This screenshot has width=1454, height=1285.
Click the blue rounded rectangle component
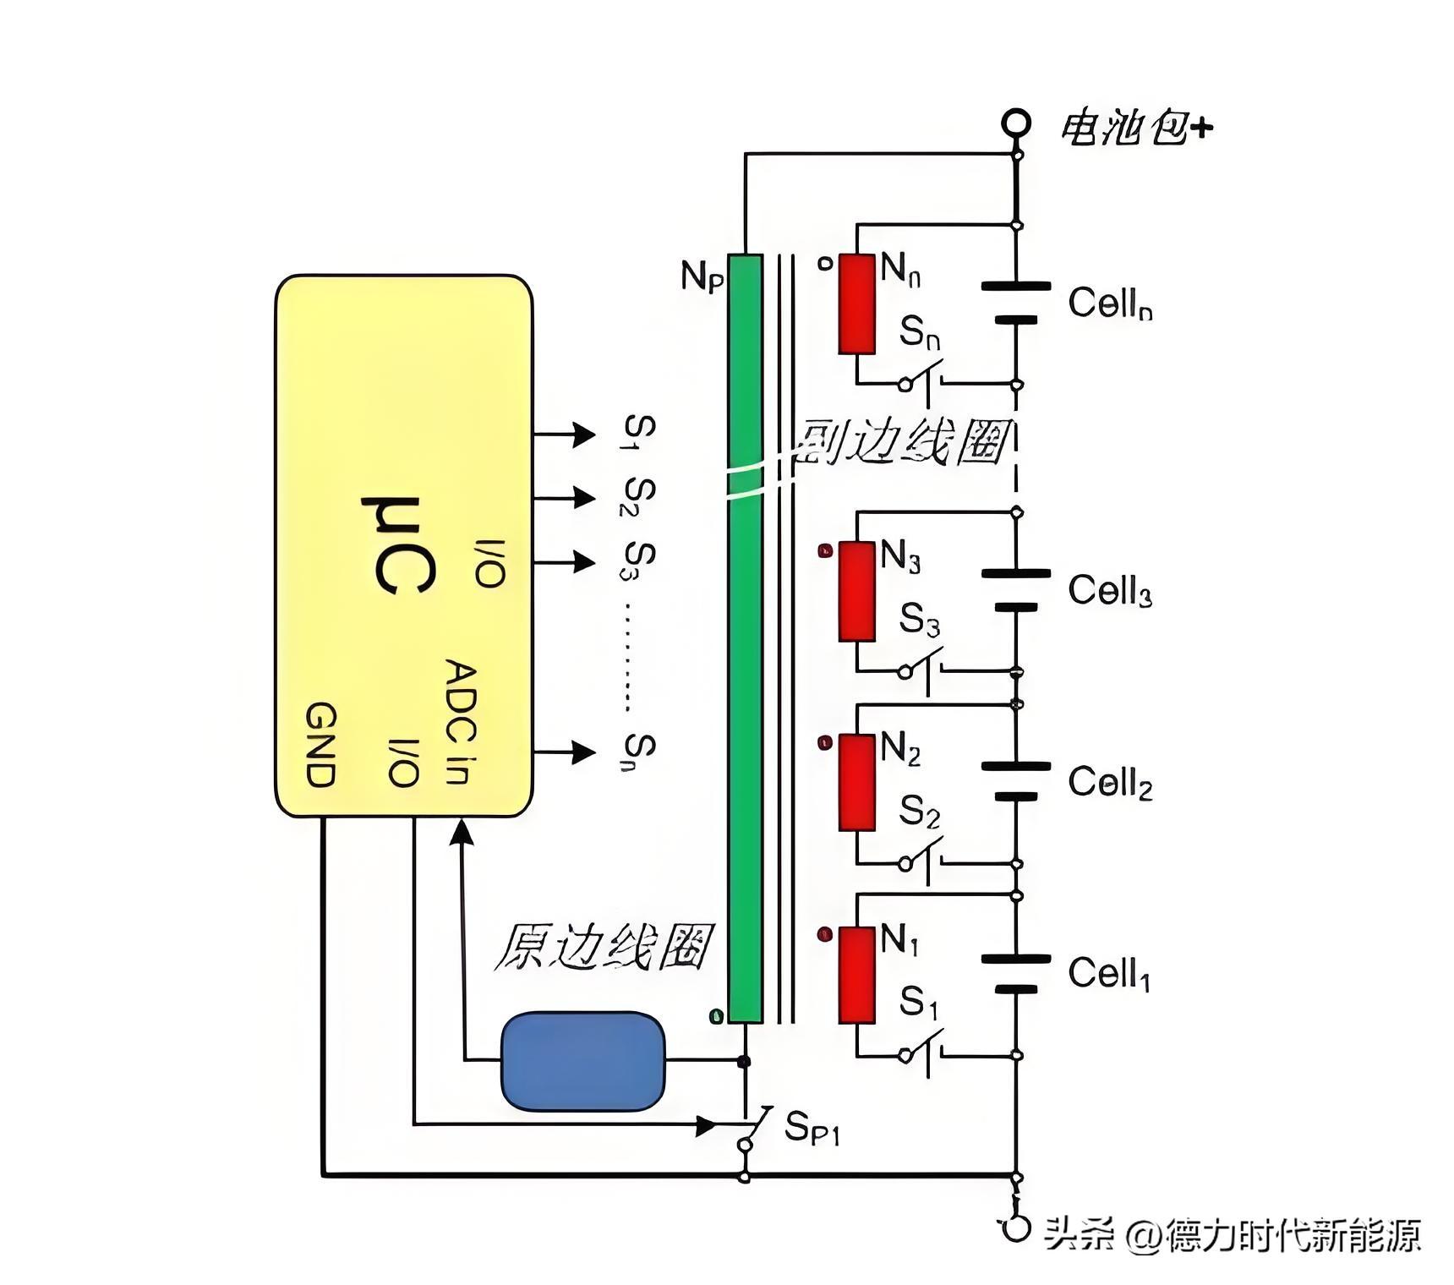(582, 1060)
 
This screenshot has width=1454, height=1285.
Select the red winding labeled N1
(856, 975)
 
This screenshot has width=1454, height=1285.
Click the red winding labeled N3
(856, 591)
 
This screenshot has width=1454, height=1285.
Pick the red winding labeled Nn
(856, 303)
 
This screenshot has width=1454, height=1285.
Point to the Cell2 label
(1109, 783)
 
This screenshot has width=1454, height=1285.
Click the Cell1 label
(1109, 974)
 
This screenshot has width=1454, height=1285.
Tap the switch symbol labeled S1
(921, 1053)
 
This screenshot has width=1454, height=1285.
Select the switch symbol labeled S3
(921, 669)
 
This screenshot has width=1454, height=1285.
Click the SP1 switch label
(812, 1127)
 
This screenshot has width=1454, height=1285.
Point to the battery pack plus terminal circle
(1016, 123)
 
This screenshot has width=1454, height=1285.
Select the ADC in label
(461, 723)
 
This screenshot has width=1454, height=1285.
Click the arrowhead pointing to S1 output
(584, 434)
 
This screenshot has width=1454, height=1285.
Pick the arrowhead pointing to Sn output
(584, 752)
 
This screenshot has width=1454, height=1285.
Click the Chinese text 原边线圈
(602, 947)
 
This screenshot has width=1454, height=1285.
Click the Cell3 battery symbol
(1016, 590)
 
